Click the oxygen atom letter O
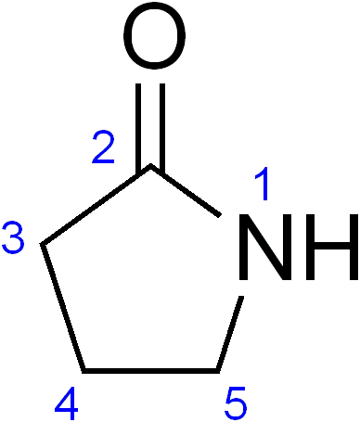coord(154,36)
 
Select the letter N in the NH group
coord(265,247)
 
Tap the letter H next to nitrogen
coord(332,247)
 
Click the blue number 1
coord(263,184)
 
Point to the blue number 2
coord(103,147)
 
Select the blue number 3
coord(13,237)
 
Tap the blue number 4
coord(66,403)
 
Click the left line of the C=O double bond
coord(138,127)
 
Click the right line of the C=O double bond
coord(162,127)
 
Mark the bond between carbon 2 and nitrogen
coord(186,191)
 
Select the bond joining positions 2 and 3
coord(96,205)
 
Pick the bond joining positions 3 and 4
coord(63,307)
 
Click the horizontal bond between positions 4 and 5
coord(150,371)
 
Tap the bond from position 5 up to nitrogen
coord(230,334)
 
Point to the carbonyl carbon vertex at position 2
coord(150,167)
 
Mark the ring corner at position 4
coord(84,371)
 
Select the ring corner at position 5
coord(218,371)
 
